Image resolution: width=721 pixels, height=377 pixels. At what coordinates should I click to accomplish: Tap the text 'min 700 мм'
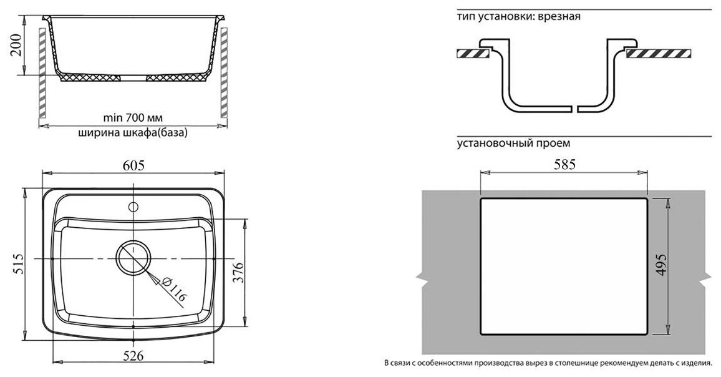pyautogui.click(x=132, y=117)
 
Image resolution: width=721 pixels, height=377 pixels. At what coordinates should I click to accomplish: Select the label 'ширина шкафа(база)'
pyautogui.click(x=132, y=132)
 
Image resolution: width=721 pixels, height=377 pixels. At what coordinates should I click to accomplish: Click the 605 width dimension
pyautogui.click(x=133, y=165)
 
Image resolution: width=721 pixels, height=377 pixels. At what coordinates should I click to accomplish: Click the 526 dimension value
pyautogui.click(x=132, y=356)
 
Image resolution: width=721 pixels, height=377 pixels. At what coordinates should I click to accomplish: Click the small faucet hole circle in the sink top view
pyautogui.click(x=133, y=206)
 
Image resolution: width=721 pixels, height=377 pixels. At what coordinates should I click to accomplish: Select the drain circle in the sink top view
pyautogui.click(x=132, y=258)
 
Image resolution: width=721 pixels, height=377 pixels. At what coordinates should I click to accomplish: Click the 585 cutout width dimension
pyautogui.click(x=563, y=165)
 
